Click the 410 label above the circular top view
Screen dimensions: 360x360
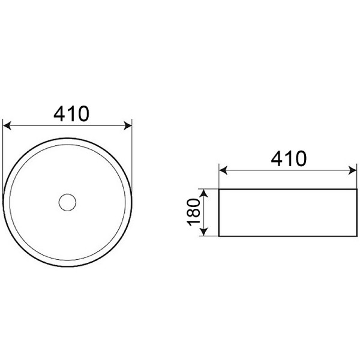(71, 113)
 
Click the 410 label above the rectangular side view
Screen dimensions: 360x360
(289, 158)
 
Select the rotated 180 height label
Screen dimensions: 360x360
(193, 212)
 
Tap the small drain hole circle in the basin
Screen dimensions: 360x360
(67, 202)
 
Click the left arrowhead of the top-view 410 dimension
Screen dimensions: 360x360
(7, 126)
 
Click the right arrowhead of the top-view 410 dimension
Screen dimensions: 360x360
(128, 126)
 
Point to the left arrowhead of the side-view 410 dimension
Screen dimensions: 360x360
(223, 170)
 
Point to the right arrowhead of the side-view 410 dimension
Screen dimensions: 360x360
(352, 170)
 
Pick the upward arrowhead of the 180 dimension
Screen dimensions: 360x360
(204, 194)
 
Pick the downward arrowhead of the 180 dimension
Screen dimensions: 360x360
(204, 232)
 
